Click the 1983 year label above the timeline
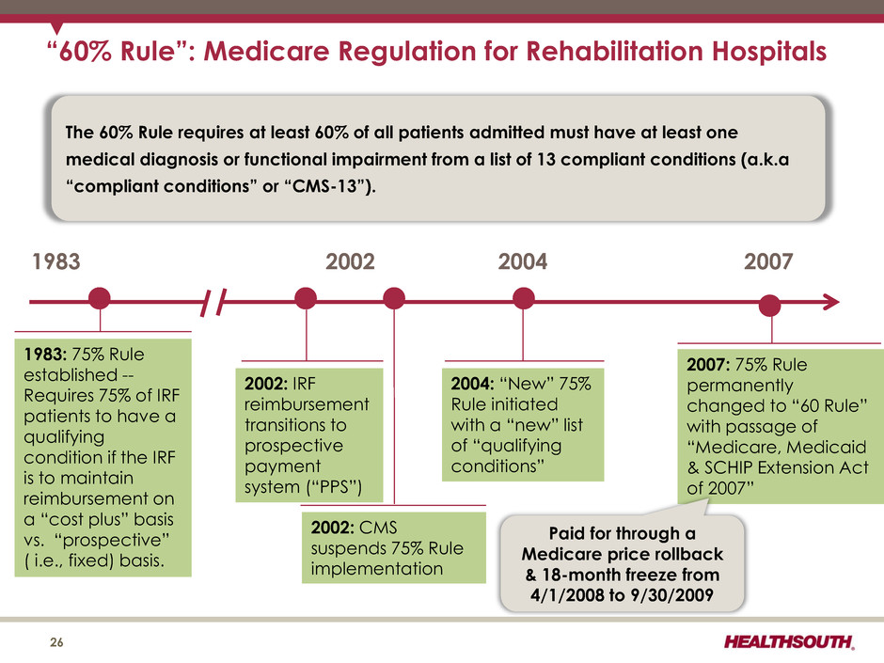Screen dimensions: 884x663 56,261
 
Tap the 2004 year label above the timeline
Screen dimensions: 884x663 522,261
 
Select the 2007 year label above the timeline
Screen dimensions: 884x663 768,261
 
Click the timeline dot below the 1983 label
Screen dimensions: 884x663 100,298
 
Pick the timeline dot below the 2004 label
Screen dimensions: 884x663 523,298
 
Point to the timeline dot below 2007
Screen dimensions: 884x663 769,306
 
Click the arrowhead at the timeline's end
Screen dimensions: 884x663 832,302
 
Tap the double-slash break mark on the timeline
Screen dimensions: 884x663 214,302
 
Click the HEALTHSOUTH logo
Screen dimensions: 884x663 789,641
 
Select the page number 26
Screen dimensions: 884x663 56,642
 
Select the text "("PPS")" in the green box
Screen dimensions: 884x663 334,486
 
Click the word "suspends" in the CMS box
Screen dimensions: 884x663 346,548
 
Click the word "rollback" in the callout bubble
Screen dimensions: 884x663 687,554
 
